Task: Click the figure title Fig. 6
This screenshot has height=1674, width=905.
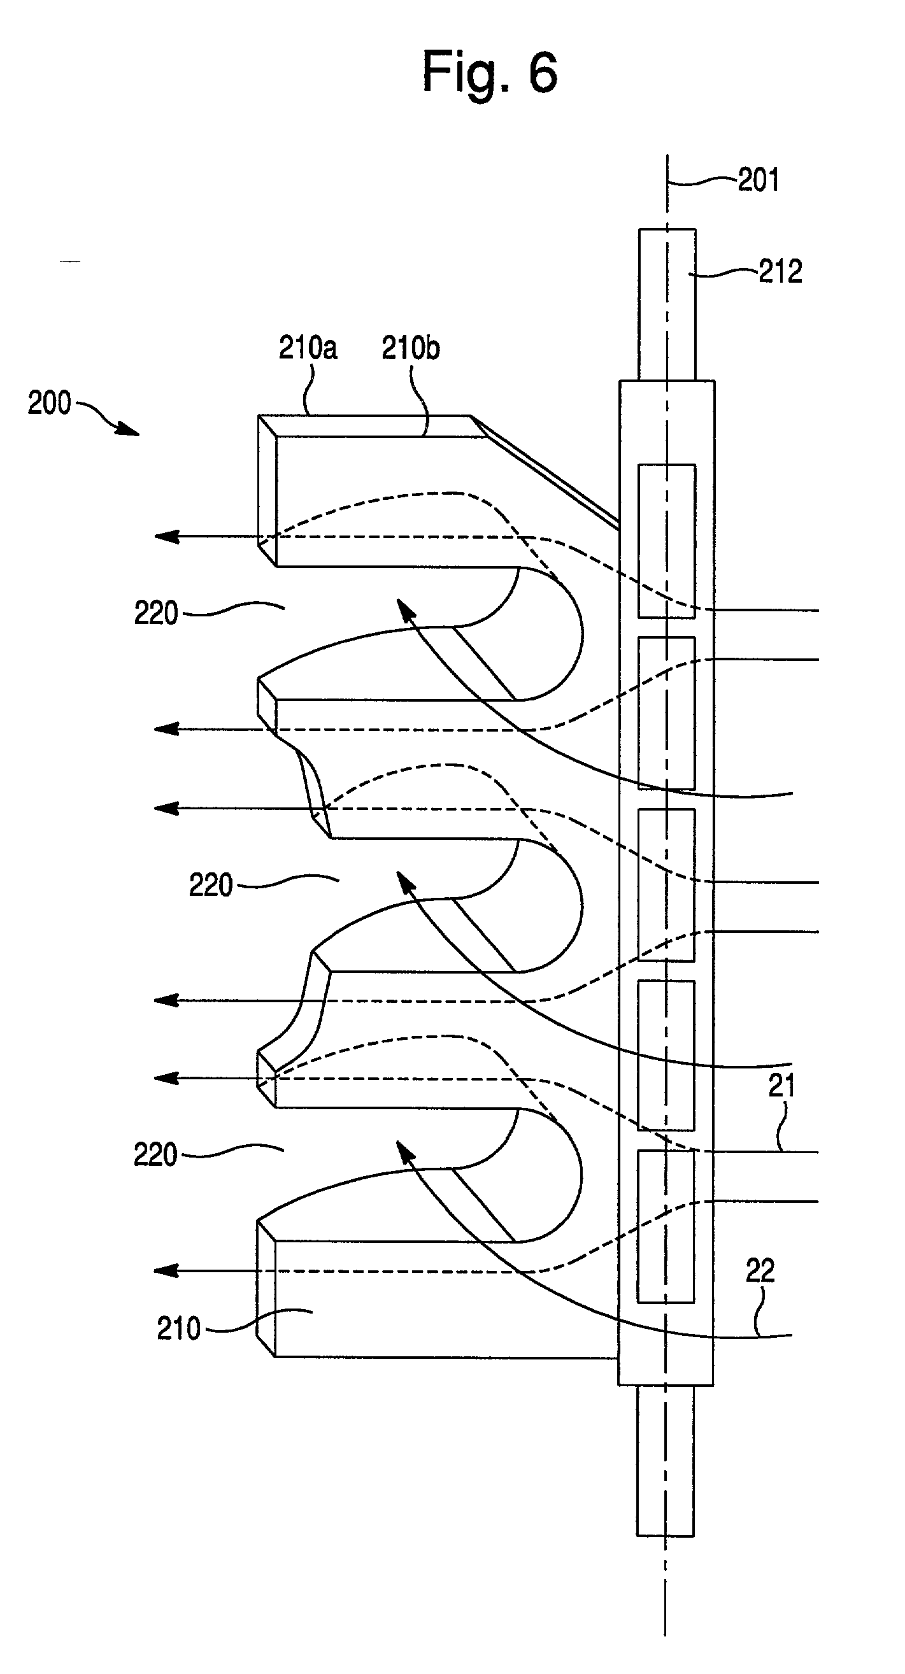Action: [x=489, y=71]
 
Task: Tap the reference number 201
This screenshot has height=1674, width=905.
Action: [x=757, y=180]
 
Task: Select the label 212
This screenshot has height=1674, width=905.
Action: [x=780, y=272]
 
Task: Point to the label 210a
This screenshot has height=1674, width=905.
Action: [x=308, y=348]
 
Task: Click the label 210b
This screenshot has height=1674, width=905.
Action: [x=410, y=349]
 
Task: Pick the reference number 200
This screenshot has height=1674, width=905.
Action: [x=50, y=403]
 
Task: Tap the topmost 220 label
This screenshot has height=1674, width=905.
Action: [x=156, y=613]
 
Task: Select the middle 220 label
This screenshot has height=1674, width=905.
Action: [x=211, y=885]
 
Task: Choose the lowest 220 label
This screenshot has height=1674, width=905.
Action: [x=155, y=1155]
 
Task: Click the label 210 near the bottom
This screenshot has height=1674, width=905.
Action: [x=179, y=1328]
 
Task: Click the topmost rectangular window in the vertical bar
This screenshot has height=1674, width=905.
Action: [x=666, y=540]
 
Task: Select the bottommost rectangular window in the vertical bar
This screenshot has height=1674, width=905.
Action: [x=666, y=1226]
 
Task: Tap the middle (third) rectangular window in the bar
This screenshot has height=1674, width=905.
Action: [x=666, y=884]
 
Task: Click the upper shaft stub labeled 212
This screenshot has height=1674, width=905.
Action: [x=667, y=304]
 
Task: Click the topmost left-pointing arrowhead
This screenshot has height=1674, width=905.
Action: [x=166, y=537]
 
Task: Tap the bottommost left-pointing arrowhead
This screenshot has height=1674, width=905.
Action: [x=166, y=1270]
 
